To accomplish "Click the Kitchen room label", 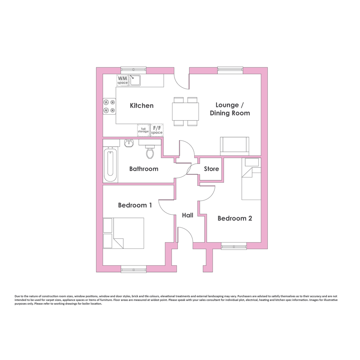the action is click(142, 106).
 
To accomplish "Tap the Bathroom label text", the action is click(144, 169).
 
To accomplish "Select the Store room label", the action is click(211, 169).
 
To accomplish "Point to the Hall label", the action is click(187, 215).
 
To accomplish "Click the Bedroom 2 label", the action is click(235, 218).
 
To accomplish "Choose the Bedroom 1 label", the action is click(135, 205).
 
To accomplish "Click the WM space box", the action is click(122, 80).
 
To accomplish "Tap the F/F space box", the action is click(157, 130).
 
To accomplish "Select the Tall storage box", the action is click(144, 130).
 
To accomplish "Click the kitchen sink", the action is click(134, 80).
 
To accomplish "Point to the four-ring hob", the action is click(109, 106).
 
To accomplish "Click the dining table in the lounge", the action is click(186, 112).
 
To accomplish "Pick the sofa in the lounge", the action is click(234, 146).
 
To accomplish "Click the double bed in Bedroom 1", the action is click(123, 233).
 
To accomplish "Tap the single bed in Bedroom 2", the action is click(251, 179).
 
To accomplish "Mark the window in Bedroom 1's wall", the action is click(134, 269).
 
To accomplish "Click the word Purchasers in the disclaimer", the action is click(245, 296).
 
